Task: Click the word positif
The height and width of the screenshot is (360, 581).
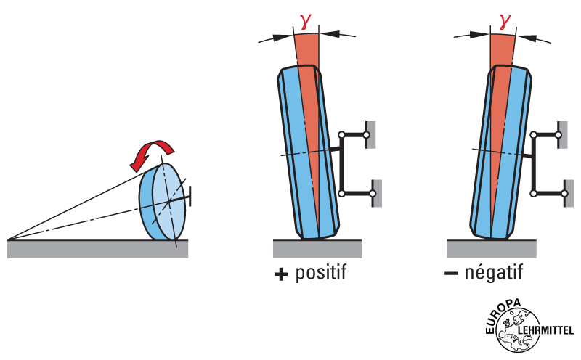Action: coord(321,274)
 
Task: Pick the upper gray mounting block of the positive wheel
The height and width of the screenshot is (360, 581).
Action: coord(370,134)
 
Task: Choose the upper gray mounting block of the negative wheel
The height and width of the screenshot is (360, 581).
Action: coord(561,134)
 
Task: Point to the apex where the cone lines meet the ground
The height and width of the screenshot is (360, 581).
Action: coord(9,238)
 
